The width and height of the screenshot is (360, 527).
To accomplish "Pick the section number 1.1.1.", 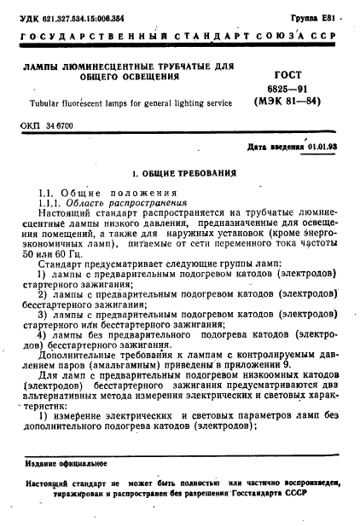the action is [50, 203].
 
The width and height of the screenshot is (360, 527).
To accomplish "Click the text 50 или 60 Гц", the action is [52, 256].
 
